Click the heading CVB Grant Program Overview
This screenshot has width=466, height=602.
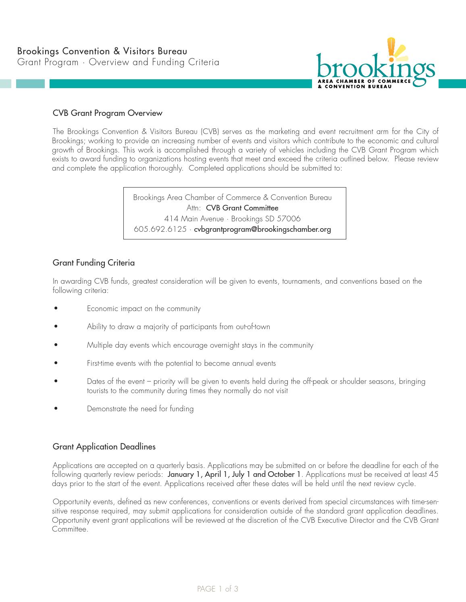pyautogui.click(x=107, y=113)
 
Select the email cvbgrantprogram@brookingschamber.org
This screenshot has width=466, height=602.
pyautogui.click(x=262, y=229)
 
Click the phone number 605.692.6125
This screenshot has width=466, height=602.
pyautogui.click(x=160, y=229)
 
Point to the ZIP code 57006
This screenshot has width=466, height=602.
pyautogui.click(x=289, y=219)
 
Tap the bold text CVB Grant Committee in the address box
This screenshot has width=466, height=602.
pyautogui.click(x=242, y=208)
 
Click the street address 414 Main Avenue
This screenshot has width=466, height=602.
pyautogui.click(x=194, y=219)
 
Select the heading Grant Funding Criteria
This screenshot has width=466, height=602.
pyautogui.click(x=94, y=263)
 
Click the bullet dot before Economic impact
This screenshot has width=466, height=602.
pyautogui.click(x=56, y=309)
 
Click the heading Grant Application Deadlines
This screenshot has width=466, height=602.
pyautogui.click(x=104, y=447)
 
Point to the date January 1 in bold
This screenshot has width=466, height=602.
pyautogui.click(x=185, y=474)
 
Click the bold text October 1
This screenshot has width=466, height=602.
pyautogui.click(x=284, y=474)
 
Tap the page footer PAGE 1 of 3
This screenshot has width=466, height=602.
pyautogui.click(x=218, y=589)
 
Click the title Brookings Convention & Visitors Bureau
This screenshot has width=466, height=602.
pyautogui.click(x=102, y=51)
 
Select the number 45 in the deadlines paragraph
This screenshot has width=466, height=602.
pyautogui.click(x=433, y=474)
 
